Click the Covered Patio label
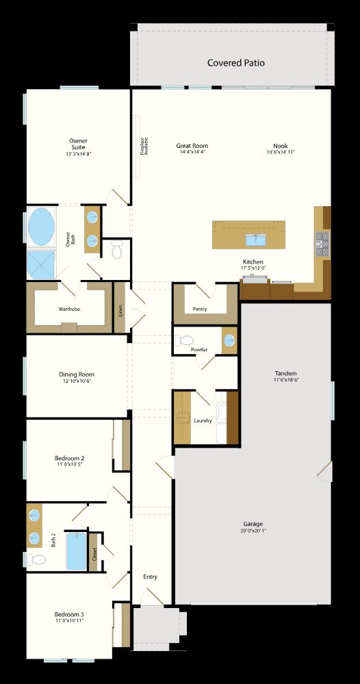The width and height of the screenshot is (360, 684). (x=235, y=63)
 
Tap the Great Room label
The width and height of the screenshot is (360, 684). (x=192, y=146)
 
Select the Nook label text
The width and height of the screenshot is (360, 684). (x=281, y=146)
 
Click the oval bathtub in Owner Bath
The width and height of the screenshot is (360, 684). (x=42, y=227)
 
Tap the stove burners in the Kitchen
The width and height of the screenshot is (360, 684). (x=322, y=242)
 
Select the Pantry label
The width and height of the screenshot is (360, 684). (x=200, y=309)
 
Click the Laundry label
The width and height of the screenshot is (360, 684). (x=203, y=420)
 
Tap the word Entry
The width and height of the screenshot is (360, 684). (x=150, y=577)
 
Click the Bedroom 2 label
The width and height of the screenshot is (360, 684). (x=69, y=457)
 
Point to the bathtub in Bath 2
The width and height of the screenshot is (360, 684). (x=76, y=552)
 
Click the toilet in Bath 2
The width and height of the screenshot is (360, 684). (x=37, y=559)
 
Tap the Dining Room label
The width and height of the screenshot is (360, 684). (x=76, y=375)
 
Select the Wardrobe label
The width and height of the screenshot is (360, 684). (x=68, y=309)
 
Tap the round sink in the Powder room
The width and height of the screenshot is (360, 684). (x=229, y=339)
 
